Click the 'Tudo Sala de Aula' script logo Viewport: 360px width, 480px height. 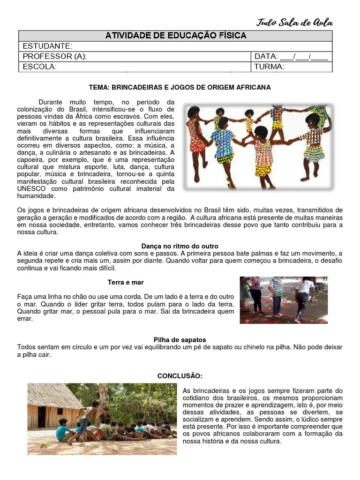[x=294, y=22]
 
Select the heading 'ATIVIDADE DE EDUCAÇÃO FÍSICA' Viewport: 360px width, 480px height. [x=176, y=36]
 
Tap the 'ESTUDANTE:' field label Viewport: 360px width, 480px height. [x=47, y=46]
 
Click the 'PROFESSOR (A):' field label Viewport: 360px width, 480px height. [x=54, y=56]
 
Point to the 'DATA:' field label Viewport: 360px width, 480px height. [x=266, y=56]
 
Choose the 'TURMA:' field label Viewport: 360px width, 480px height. [x=269, y=67]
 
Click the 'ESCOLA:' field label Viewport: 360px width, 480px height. [x=39, y=67]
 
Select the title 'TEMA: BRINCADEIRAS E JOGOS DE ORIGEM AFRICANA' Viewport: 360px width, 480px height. [x=180, y=87]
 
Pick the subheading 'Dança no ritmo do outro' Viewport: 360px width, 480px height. [x=180, y=246]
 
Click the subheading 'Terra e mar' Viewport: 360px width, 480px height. [x=125, y=282]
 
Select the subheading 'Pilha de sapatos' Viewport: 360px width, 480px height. [x=180, y=339]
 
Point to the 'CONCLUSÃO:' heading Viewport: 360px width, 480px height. [x=180, y=376]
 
